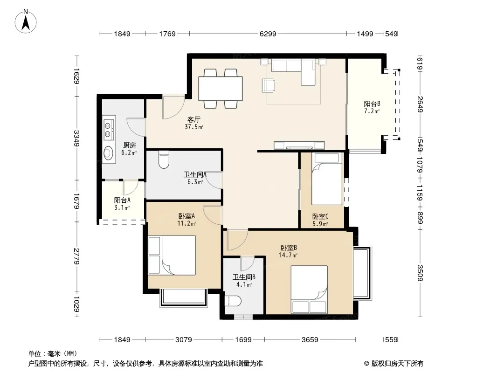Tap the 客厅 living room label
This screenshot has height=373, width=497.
(193, 119)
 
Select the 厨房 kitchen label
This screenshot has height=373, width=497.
(129, 145)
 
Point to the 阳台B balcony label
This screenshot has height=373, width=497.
(372, 104)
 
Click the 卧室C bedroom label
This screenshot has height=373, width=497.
(320, 216)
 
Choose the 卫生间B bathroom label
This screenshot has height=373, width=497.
(244, 277)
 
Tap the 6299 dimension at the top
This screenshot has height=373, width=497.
(268, 34)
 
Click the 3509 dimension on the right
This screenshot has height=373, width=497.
(420, 273)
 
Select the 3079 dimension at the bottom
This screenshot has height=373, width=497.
(184, 340)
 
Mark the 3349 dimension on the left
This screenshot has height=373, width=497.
(76, 138)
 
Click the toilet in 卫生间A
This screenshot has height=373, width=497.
(164, 159)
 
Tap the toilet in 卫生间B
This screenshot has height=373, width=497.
(233, 301)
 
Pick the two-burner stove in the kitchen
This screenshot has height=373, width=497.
(109, 128)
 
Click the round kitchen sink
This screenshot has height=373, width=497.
(109, 153)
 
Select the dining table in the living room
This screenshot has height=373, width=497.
(220, 89)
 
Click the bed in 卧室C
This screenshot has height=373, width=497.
(327, 179)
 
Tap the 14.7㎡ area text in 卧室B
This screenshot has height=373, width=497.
(288, 255)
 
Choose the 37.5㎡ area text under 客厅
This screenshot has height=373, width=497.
(194, 127)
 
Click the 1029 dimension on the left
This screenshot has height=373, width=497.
(76, 304)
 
